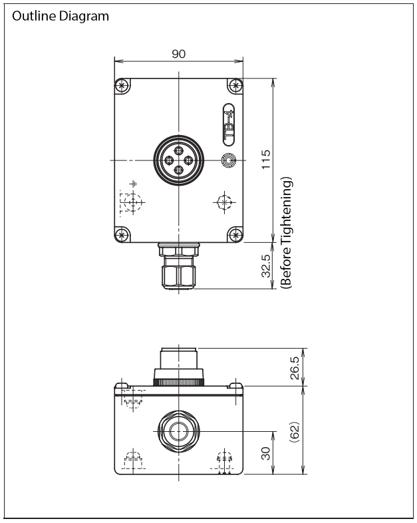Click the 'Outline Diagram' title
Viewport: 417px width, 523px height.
[61, 16]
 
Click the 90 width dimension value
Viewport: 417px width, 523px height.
[179, 54]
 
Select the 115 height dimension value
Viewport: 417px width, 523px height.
[265, 160]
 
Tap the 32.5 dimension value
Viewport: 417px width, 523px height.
[265, 266]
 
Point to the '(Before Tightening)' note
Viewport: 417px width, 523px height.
[286, 232]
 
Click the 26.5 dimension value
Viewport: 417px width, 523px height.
[295, 368]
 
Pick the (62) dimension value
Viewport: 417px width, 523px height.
[295, 432]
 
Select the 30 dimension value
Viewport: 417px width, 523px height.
[265, 453]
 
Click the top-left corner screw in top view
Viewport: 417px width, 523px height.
[122, 86]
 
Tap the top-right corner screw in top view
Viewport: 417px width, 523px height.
[235, 86]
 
